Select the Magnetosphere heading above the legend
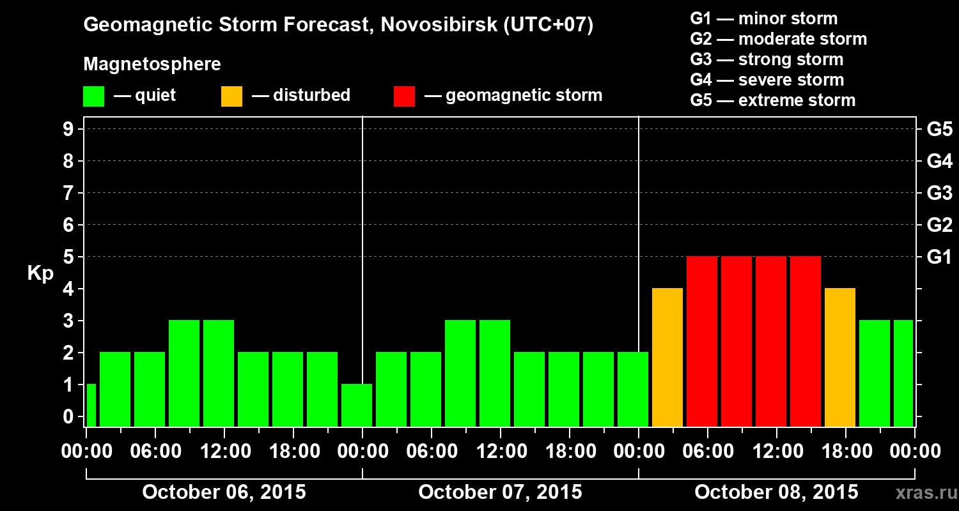pos(152,65)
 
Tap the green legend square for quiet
pos(93,96)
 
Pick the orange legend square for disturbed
pos(231,96)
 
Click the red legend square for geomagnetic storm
pos(405,96)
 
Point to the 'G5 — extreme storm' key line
pos(772,100)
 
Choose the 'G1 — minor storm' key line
pos(763,19)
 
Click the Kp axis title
pos(40,273)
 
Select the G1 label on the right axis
pos(939,257)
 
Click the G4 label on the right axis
pos(939,162)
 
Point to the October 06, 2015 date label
pos(224,492)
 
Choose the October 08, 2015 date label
pos(776,492)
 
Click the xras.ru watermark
pos(924,493)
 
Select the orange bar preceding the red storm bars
pos(667,358)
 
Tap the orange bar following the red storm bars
pos(840,358)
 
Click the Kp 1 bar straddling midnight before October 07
pos(357,405)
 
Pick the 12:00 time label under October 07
pos(501,452)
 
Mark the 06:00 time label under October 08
pos(708,452)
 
